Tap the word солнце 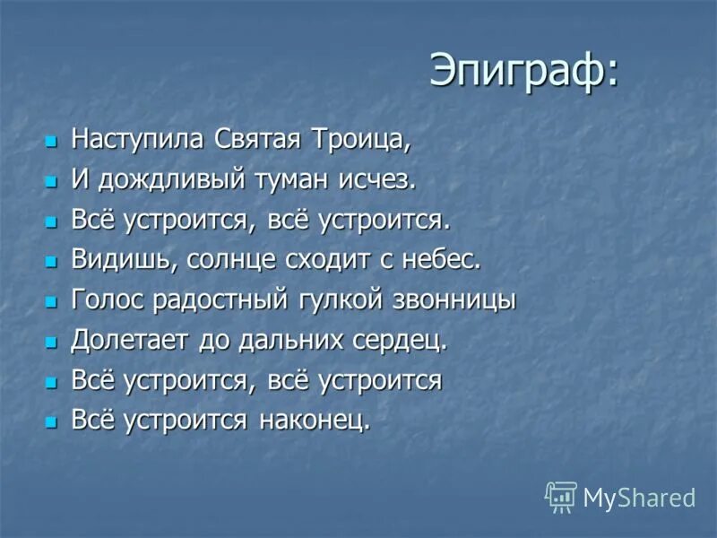tap(221, 260)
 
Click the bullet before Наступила tap(51, 142)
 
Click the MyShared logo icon tap(561, 496)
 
